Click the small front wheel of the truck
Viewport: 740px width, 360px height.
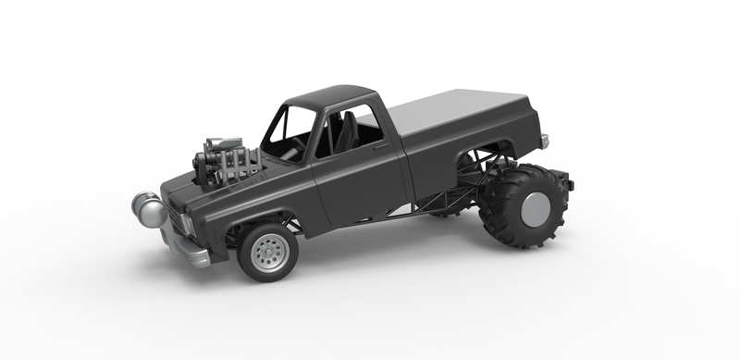coord(268,251)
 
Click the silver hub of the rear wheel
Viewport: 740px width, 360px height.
coord(535,209)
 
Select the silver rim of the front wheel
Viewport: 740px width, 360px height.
coord(270,253)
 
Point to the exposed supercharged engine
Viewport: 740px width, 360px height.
coord(225,160)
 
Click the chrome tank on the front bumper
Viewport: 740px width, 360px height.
coord(149,209)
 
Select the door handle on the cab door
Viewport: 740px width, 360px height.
coord(380,146)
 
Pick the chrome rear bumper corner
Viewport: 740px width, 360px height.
coord(545,141)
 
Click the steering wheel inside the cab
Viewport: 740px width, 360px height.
coord(301,143)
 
